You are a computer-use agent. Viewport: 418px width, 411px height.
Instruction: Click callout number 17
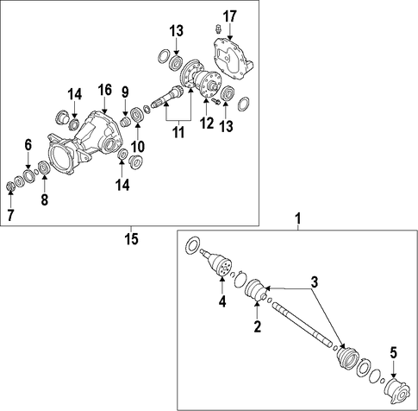pyautogui.click(x=230, y=16)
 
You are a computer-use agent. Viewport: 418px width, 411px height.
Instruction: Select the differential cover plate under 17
pyautogui.click(x=234, y=59)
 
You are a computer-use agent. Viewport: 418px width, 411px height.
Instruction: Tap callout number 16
pyautogui.click(x=104, y=91)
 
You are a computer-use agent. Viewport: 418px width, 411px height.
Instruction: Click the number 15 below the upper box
pyautogui.click(x=131, y=238)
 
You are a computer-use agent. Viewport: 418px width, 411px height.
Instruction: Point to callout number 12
pyautogui.click(x=207, y=123)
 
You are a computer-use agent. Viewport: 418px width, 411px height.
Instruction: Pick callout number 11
pyautogui.click(x=178, y=132)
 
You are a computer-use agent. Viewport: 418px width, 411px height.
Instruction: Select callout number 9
pyautogui.click(x=125, y=92)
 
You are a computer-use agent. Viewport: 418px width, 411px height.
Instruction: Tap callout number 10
pyautogui.click(x=138, y=146)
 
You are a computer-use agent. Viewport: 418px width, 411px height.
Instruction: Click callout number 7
pyautogui.click(x=10, y=215)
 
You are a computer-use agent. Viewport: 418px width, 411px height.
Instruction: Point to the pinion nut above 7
pyautogui.click(x=10, y=187)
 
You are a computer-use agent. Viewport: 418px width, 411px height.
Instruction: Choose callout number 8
pyautogui.click(x=44, y=199)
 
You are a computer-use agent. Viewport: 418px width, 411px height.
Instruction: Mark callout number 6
pyautogui.click(x=28, y=145)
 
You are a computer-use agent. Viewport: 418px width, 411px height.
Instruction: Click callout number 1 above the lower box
pyautogui.click(x=298, y=218)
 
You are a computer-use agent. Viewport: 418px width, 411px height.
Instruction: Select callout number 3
pyautogui.click(x=315, y=282)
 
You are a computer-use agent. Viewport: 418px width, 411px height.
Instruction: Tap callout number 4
pyautogui.click(x=222, y=301)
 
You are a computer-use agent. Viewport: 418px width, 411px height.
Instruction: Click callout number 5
pyautogui.click(x=393, y=352)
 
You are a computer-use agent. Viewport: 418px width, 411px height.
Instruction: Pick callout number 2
pyautogui.click(x=257, y=326)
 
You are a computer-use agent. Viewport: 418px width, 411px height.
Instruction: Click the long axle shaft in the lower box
pyautogui.click(x=302, y=325)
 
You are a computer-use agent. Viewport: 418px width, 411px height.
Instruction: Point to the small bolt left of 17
pyautogui.click(x=219, y=28)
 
